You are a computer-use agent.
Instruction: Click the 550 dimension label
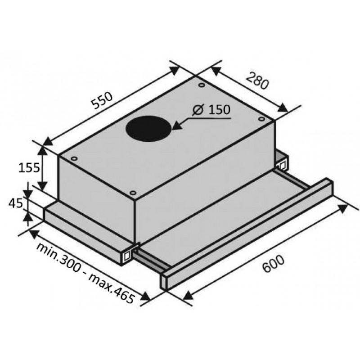click(102, 100)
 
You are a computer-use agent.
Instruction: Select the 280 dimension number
click(257, 81)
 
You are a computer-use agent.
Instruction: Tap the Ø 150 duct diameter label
click(211, 109)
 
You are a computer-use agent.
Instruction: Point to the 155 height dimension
click(29, 167)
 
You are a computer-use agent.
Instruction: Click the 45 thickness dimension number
click(16, 203)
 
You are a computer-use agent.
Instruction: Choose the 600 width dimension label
click(273, 264)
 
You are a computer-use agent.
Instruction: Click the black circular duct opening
click(148, 129)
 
